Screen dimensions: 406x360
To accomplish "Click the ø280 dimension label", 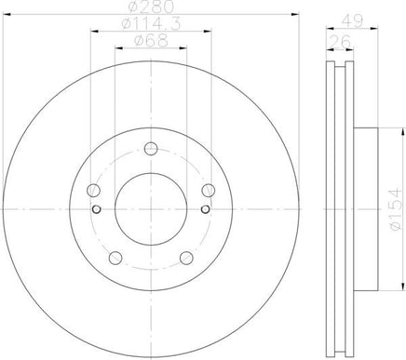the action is point(151,7).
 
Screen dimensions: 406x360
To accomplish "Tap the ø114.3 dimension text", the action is point(151,24).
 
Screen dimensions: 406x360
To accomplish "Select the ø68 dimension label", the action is point(151,41).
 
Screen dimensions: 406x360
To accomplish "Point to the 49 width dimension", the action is point(352,21).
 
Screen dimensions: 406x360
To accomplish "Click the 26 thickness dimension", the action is point(340,42).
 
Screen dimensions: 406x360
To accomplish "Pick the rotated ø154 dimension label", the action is point(396,209).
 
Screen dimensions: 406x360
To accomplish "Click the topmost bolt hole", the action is point(151,149).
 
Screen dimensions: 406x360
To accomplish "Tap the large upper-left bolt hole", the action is point(93,190).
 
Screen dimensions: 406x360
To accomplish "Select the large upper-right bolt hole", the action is point(209,190).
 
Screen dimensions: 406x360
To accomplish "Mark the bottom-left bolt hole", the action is point(115,258).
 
